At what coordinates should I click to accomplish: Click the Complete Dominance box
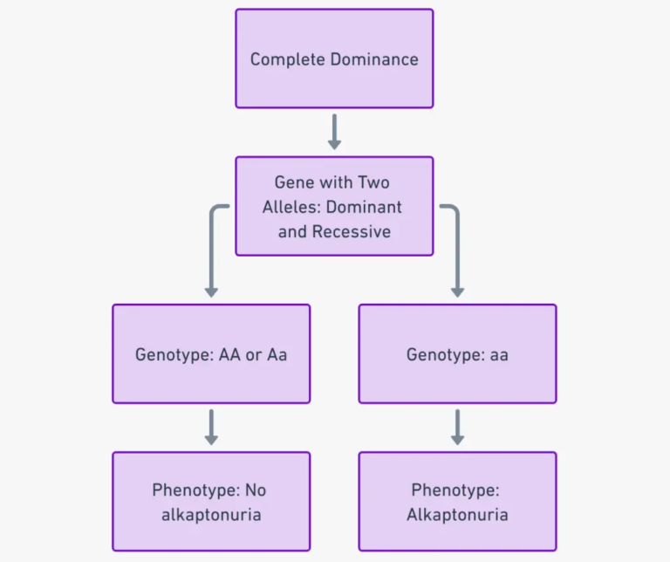pos(334,58)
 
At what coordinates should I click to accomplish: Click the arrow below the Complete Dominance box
pos(334,132)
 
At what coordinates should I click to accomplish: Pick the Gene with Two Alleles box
pos(334,206)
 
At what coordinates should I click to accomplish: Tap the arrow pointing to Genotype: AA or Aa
pos(210,253)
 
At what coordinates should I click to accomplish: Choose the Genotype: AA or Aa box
pos(211,353)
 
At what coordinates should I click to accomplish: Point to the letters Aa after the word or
pos(277,354)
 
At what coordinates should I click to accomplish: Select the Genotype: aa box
pos(457,353)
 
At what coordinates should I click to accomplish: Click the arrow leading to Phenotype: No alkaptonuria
pos(211,427)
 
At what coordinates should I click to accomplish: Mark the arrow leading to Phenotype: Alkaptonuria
pos(457,427)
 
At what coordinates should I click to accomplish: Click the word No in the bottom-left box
pos(256,490)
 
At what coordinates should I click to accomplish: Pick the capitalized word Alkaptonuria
pos(457,515)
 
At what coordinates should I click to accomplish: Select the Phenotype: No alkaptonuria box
pos(211,501)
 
